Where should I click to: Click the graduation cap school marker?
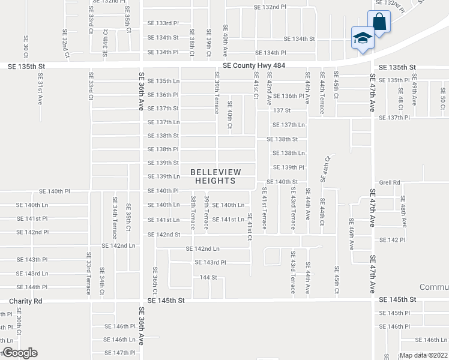pos(362,38)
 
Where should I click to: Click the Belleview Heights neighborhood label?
pos(215,176)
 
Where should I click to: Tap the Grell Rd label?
pos(390,182)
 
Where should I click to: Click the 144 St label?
pos(208,278)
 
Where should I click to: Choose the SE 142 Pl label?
pos(393,240)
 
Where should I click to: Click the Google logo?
pos(20,353)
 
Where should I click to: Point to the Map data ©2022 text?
pos(423,355)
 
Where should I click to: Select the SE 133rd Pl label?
pos(163,23)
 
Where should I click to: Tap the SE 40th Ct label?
pos(229,115)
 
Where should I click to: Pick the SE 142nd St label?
pos(164,235)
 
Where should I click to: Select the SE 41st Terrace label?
pos(264,208)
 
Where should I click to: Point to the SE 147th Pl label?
pos(120,353)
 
